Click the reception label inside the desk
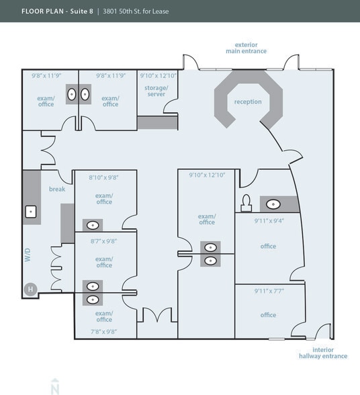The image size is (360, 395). pos(248,102)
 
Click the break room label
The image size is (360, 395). pos(56,189)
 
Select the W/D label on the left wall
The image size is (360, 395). pos(28,255)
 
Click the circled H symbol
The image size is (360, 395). pos(30,290)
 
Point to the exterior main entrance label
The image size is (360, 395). pos(246,48)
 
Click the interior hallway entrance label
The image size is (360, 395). pos(324,353)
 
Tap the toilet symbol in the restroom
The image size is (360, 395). pos(246,202)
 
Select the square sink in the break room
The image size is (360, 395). pos(31,212)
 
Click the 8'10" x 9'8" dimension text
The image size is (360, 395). pos(103,178)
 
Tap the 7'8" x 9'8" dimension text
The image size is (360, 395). pos(103,331)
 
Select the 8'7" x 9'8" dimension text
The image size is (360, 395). pos(103,240)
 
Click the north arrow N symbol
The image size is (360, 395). pos(54,386)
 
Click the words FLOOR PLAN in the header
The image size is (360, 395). pos(45,11)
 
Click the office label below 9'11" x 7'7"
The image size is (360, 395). pos(268,315)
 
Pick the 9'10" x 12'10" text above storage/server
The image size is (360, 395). pos(158,76)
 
